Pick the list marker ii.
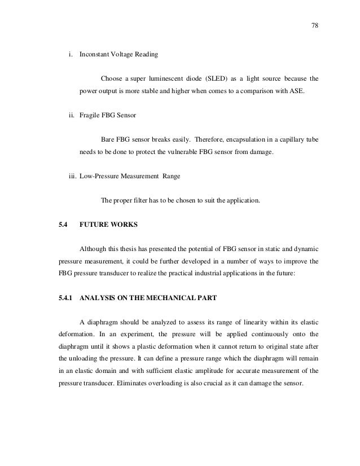[72, 116]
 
